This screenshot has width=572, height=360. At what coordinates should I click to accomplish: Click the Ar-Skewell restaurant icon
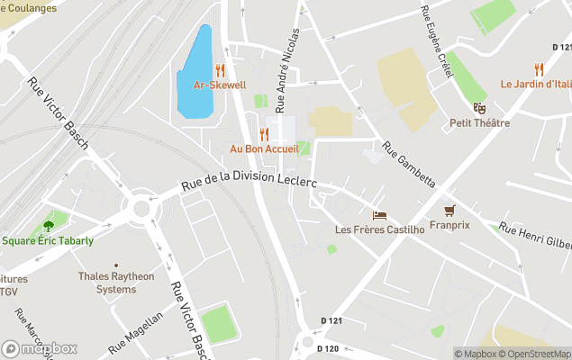pos(220,70)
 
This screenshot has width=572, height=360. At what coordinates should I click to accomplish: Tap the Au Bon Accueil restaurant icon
pos(264,134)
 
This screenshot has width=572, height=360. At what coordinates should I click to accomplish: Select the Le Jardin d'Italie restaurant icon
pos(539,69)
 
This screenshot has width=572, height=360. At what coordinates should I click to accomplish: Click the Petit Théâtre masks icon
pos(479,108)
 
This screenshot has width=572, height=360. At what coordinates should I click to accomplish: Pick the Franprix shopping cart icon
pos(449,211)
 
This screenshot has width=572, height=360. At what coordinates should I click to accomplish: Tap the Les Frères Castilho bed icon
pos(379,215)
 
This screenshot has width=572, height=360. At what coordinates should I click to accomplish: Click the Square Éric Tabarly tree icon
pos(48,226)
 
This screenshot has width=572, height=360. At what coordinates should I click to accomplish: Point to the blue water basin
pos(195,72)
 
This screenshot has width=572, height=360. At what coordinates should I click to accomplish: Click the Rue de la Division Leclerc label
pos(249,175)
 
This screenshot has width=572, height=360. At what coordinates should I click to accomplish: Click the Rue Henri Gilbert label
pos(536,238)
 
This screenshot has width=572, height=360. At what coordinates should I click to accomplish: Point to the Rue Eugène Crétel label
pos(435,40)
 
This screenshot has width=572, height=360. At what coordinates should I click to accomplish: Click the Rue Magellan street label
pos(136,332)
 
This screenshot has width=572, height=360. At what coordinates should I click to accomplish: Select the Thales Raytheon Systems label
pos(116,283)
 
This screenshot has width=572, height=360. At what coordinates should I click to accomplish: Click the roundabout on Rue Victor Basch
pos(141,209)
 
